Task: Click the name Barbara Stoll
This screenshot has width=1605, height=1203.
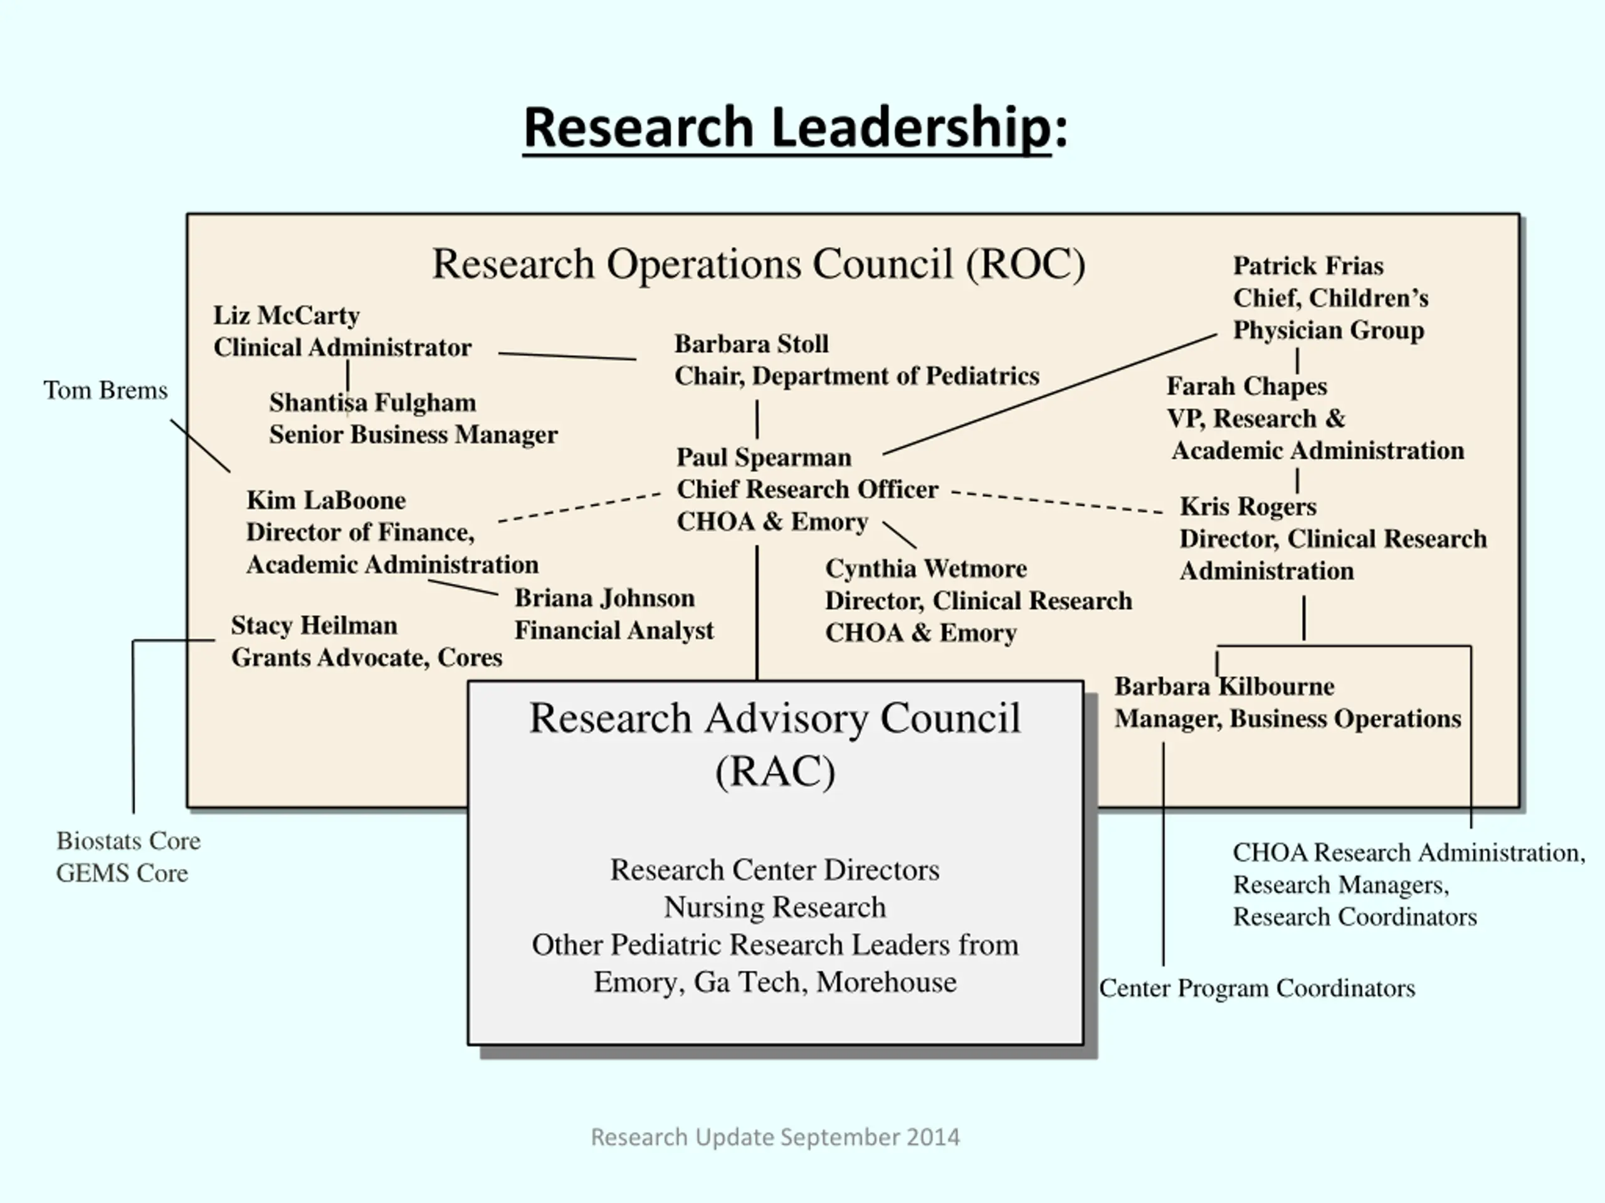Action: pos(751,344)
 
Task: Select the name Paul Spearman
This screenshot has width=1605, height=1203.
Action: pos(764,457)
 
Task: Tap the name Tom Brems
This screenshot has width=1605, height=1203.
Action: pos(105,390)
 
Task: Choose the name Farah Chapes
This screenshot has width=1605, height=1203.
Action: pos(1246,387)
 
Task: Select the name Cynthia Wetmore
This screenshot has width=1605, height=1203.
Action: pos(925,568)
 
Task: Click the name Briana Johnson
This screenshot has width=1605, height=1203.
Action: pos(604,598)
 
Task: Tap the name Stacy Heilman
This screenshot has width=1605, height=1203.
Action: pos(313,626)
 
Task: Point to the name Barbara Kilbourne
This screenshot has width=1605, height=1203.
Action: pos(1223,687)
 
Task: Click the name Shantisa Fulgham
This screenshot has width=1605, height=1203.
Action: pos(372,402)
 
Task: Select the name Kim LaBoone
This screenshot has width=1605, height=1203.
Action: pos(326,501)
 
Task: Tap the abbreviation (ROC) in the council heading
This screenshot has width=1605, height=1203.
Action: pos(1024,264)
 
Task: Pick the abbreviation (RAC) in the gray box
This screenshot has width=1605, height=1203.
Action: pos(775,771)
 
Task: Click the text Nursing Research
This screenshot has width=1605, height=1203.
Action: pos(774,907)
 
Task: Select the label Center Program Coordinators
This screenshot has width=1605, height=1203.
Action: pos(1256,988)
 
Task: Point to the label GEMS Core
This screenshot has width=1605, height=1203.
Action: pos(122,873)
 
